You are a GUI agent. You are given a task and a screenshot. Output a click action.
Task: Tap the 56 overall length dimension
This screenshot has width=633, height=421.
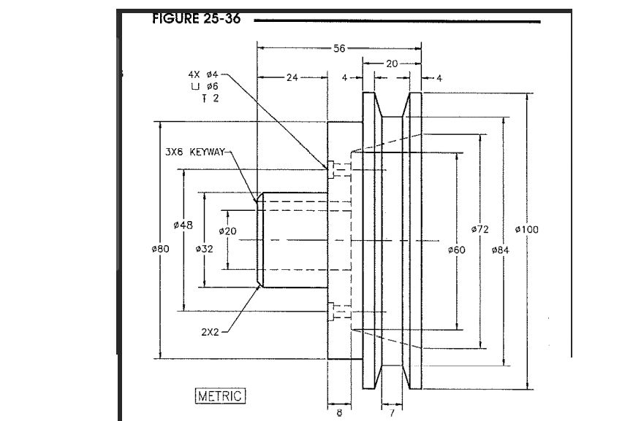pyautogui.click(x=339, y=48)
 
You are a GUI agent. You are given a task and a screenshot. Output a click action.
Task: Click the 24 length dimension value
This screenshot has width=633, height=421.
pyautogui.click(x=291, y=76)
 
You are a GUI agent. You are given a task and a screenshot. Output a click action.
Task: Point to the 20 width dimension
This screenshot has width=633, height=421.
pyautogui.click(x=392, y=63)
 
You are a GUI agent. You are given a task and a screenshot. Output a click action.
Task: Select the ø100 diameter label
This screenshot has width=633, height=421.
pyautogui.click(x=526, y=229)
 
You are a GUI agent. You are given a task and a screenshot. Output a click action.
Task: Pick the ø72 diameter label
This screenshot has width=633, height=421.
pyautogui.click(x=480, y=229)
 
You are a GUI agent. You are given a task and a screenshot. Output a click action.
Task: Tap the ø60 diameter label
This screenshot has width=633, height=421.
pyautogui.click(x=456, y=250)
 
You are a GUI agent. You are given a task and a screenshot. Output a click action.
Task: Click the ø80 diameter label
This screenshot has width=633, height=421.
pyautogui.click(x=159, y=249)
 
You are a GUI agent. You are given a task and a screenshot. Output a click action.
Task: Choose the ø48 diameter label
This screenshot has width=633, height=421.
pyautogui.click(x=183, y=225)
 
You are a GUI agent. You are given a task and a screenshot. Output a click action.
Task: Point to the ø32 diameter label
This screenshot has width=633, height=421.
pyautogui.click(x=205, y=249)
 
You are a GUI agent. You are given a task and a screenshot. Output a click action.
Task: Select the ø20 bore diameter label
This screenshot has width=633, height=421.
pyautogui.click(x=228, y=231)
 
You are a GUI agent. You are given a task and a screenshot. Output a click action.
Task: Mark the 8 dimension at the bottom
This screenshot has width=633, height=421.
pyautogui.click(x=338, y=413)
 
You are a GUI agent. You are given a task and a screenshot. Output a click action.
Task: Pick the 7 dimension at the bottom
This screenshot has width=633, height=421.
pyautogui.click(x=390, y=413)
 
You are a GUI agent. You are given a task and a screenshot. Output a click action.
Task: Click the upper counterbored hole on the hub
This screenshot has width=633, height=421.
pyautogui.click(x=333, y=169)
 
